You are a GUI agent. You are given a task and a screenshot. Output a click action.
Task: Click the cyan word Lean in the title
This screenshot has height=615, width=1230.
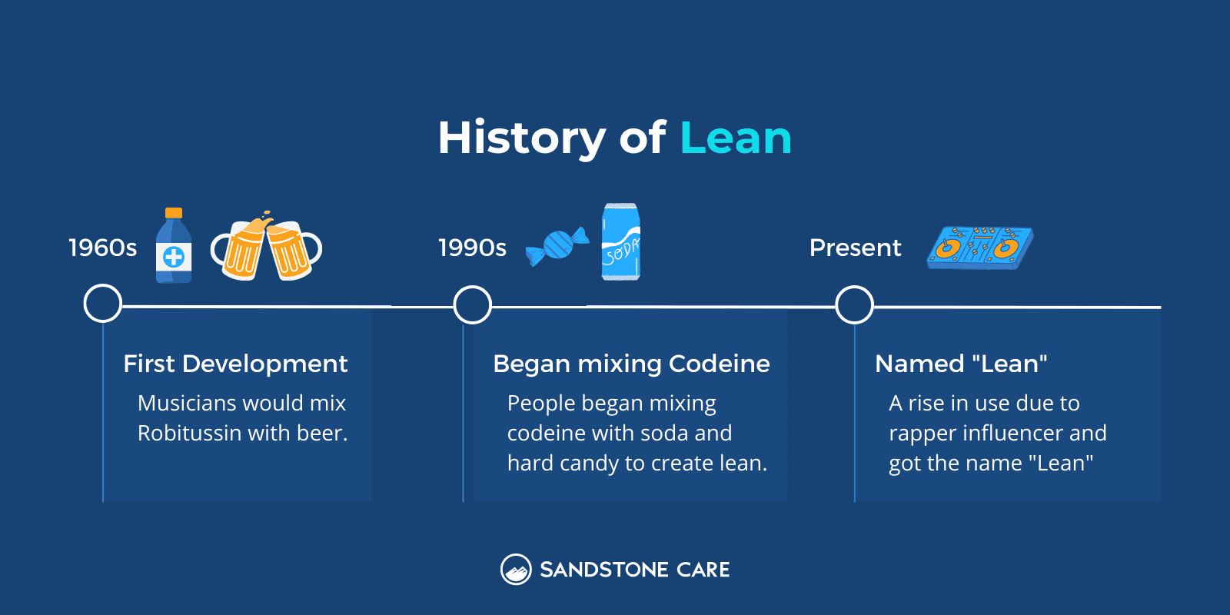pyautogui.click(x=735, y=138)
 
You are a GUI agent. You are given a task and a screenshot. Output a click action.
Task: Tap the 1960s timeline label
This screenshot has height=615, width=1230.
pyautogui.click(x=102, y=248)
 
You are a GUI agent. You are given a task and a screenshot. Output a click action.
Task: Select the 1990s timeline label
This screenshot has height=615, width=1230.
pyautogui.click(x=472, y=248)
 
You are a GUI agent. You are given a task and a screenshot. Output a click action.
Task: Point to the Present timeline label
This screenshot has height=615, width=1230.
pyautogui.click(x=855, y=248)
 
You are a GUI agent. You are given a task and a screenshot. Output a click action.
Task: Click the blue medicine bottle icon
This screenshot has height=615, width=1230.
pyautogui.click(x=174, y=246)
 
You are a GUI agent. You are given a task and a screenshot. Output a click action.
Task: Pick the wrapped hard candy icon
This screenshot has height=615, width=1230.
pyautogui.click(x=557, y=246)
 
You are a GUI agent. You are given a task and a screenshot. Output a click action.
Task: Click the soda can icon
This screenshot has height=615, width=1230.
pyautogui.click(x=620, y=241)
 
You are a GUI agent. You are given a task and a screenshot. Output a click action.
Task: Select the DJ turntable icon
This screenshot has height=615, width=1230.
pyautogui.click(x=980, y=248)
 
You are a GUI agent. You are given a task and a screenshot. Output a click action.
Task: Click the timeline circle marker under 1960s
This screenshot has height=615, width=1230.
pyautogui.click(x=102, y=304)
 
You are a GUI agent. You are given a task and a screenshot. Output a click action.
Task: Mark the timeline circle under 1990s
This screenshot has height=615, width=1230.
pyautogui.click(x=472, y=305)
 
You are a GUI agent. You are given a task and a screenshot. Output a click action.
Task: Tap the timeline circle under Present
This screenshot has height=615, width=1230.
pyautogui.click(x=854, y=305)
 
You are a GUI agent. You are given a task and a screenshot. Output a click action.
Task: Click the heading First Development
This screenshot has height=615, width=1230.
pyautogui.click(x=235, y=364)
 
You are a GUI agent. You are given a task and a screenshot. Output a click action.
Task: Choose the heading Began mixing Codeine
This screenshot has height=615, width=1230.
pyautogui.click(x=631, y=364)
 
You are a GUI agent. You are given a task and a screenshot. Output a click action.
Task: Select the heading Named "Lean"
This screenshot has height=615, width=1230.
pyautogui.click(x=961, y=364)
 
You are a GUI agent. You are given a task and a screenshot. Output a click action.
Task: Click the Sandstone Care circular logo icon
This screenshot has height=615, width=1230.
pyautogui.click(x=516, y=570)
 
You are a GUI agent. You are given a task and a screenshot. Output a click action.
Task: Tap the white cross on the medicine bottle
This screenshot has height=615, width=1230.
pyautogui.click(x=174, y=257)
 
